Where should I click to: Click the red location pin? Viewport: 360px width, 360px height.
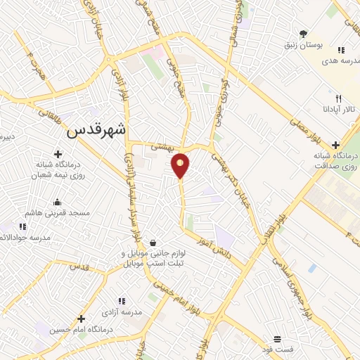[x=181, y=165]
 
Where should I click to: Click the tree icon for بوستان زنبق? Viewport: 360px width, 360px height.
[x=304, y=33]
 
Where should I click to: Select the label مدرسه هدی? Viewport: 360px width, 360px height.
[x=321, y=61]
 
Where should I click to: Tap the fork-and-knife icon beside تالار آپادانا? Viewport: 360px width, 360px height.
[x=339, y=98]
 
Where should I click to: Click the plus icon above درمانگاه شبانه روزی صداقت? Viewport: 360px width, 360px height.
[x=335, y=144]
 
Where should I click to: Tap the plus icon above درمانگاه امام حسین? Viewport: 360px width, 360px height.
[x=82, y=319]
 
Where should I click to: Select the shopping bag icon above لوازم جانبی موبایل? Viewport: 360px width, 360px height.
[x=152, y=243]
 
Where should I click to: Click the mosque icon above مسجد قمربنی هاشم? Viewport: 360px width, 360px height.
[x=57, y=202]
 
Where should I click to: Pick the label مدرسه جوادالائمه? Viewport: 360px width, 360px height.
[x=25, y=238]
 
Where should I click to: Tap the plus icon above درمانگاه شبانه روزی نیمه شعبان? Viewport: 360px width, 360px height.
[x=57, y=153]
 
